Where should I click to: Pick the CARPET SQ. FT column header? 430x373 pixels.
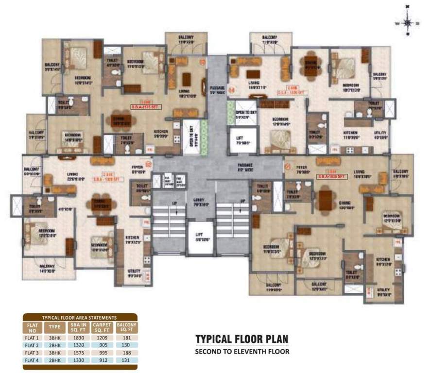102,327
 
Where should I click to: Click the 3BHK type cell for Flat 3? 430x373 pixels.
53,352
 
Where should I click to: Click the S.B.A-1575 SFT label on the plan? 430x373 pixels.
145,107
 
